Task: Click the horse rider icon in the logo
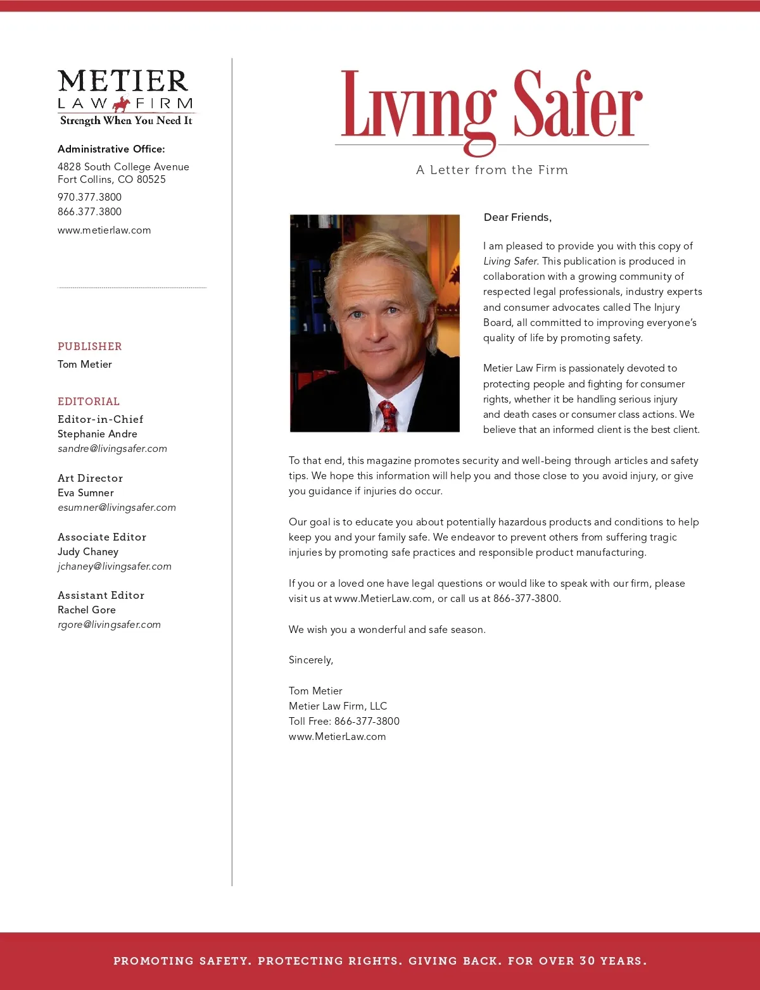coord(122,104)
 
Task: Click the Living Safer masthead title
coord(491,106)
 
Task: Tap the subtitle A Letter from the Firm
coord(492,170)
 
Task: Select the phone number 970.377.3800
coord(89,197)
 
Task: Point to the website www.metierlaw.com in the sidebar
coord(104,230)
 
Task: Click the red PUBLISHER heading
coord(90,346)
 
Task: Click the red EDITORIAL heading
coord(89,401)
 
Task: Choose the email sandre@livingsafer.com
coord(112,449)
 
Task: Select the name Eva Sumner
coord(85,492)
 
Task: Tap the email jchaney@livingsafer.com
coord(115,567)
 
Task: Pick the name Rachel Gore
coord(87,610)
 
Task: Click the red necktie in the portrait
coord(388,416)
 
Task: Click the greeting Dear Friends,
coord(517,217)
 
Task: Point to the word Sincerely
coord(310,660)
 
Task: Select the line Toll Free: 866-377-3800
coord(344,721)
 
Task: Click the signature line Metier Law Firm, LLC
coord(338,706)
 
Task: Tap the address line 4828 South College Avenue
coord(123,166)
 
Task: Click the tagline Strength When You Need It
coord(126,120)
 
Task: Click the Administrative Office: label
coord(111,149)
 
